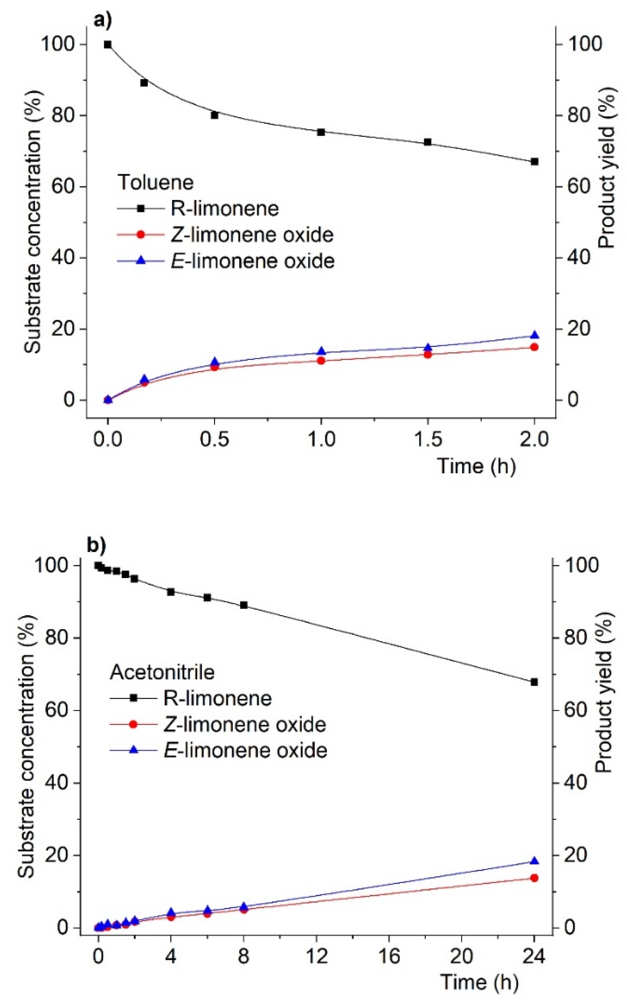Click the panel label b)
(96, 546)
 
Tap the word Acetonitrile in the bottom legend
(162, 672)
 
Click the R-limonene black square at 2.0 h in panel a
(534, 162)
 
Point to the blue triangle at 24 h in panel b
(534, 861)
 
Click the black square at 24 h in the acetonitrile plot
(534, 682)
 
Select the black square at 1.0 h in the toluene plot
(321, 132)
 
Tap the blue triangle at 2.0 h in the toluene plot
(534, 335)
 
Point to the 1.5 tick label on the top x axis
(428, 439)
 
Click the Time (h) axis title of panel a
(476, 466)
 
